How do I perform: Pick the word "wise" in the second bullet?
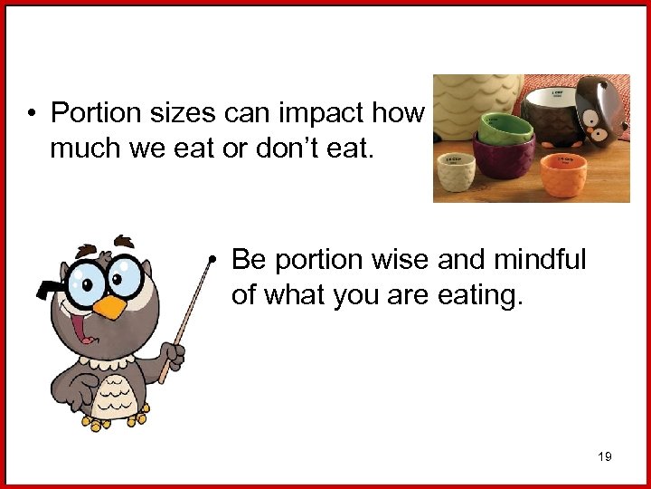click(x=400, y=261)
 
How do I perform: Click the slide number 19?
click(x=605, y=456)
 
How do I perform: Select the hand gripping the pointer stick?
click(x=171, y=354)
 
